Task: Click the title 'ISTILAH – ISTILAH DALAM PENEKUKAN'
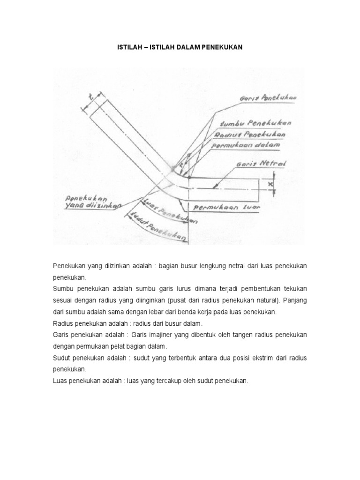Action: point(180,48)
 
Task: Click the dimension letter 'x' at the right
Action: point(270,184)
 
